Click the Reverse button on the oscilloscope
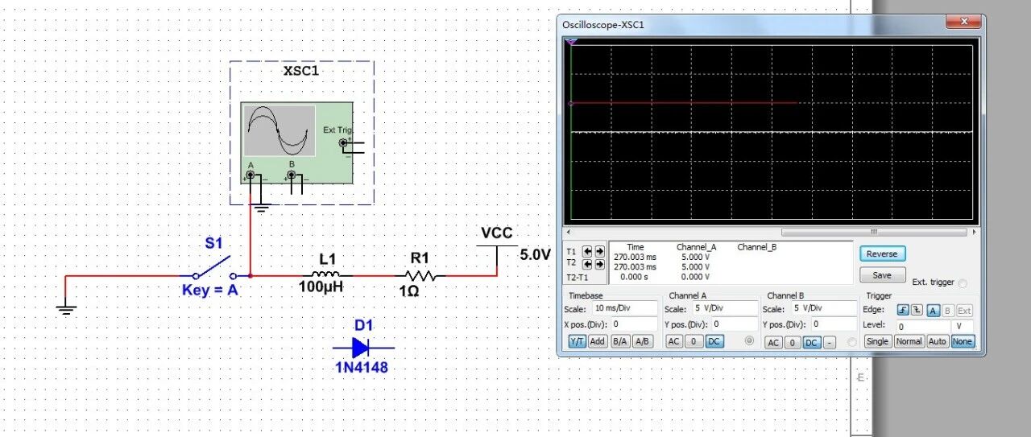(x=882, y=254)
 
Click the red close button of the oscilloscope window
(x=964, y=22)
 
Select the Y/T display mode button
(x=578, y=341)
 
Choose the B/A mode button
(x=619, y=341)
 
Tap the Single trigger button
(x=877, y=341)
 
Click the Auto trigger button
(x=937, y=341)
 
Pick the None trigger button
(x=962, y=341)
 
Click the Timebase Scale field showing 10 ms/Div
(x=624, y=307)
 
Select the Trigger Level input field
(x=923, y=326)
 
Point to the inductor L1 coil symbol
(x=328, y=274)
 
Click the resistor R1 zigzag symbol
(x=420, y=275)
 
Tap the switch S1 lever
(x=213, y=266)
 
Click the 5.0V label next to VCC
(x=536, y=254)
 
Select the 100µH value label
(x=321, y=287)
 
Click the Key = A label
(x=210, y=291)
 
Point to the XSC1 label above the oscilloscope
(x=301, y=71)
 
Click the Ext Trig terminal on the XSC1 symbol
(x=343, y=143)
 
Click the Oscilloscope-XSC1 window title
(x=603, y=25)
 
